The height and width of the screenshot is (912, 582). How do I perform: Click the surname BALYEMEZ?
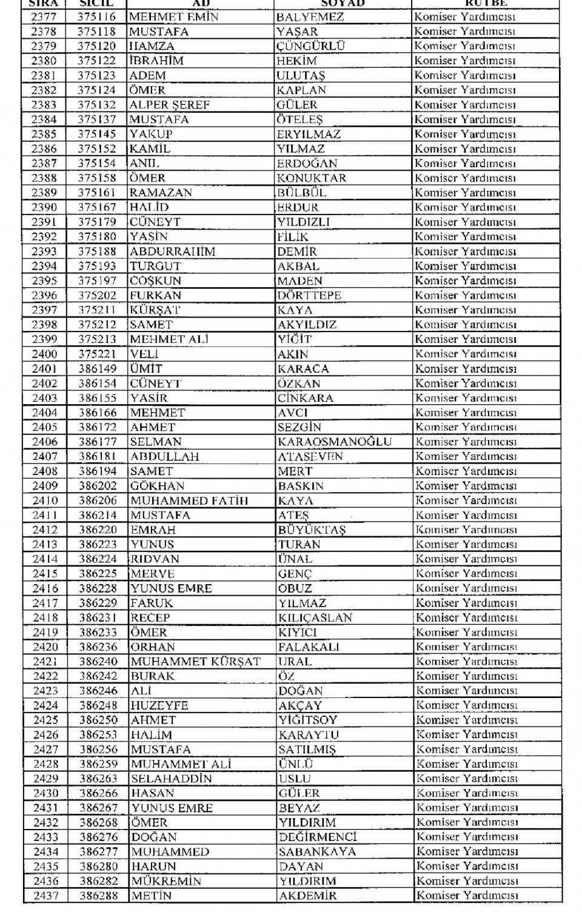pos(310,17)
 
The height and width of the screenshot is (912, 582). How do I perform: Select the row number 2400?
pos(45,354)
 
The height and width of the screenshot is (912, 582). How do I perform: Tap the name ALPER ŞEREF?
pos(169,105)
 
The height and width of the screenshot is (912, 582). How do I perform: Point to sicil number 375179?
pos(96,222)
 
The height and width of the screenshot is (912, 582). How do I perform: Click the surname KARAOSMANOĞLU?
pos(335,442)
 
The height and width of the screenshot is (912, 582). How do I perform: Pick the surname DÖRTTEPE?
pos(309,295)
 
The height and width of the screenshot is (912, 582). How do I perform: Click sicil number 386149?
pos(97,368)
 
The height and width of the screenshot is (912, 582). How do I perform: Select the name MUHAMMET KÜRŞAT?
pos(195,662)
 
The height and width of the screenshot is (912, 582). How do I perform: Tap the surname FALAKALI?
pos(309,647)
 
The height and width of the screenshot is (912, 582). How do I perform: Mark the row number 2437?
pos(46,896)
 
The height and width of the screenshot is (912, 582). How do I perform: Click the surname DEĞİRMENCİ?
pos(318,837)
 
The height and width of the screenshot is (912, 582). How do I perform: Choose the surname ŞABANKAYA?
pos(317,851)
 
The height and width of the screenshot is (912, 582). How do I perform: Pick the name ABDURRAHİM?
pos(172,251)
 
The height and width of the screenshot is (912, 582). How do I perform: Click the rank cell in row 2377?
pos(464,17)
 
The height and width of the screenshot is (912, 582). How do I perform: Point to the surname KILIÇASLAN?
pos(315,617)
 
